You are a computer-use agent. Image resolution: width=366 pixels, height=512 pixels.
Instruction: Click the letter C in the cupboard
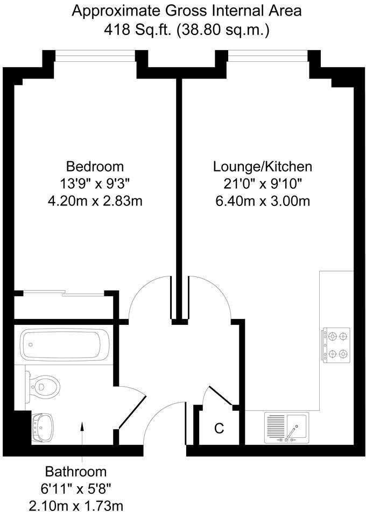coord(219,428)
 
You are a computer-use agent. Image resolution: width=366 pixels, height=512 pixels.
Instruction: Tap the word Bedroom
coord(95,166)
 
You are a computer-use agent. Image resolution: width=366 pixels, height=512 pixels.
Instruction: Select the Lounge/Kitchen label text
coord(263,166)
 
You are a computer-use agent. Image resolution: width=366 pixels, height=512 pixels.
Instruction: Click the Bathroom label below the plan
coord(76,472)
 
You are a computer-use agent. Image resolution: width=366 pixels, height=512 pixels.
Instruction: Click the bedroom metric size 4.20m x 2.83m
coord(95,201)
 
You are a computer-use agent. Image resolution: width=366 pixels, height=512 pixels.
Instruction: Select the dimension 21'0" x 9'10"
coord(263,183)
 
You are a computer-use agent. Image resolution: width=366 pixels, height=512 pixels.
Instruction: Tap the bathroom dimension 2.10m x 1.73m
coord(76,504)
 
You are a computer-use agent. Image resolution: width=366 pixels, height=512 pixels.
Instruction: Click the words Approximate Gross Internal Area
coord(187,10)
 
